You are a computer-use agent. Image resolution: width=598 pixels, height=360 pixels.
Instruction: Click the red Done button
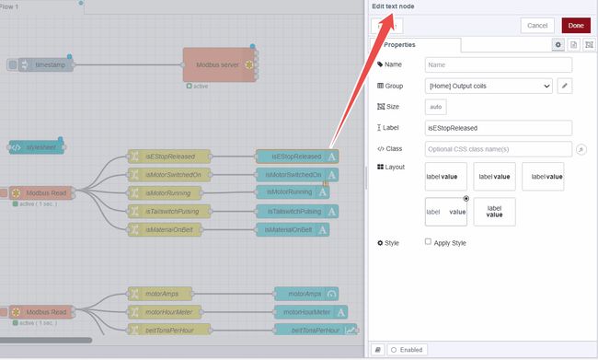click(576, 25)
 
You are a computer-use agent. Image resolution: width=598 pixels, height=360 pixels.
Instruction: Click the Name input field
click(499, 64)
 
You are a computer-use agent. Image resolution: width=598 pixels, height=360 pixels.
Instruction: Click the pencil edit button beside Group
click(565, 86)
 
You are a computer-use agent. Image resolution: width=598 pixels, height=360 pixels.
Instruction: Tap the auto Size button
click(436, 107)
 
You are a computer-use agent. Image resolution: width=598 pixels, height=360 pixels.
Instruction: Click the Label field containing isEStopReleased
click(499, 128)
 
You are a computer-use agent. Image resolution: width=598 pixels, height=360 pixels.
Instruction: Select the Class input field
click(499, 148)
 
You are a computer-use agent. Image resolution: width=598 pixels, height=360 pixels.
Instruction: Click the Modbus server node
click(219, 64)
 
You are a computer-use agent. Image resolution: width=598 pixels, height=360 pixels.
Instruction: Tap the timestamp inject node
click(41, 64)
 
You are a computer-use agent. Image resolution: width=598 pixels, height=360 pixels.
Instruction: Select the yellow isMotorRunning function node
click(169, 192)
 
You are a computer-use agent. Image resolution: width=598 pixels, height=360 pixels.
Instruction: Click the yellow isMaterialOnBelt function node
click(171, 229)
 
